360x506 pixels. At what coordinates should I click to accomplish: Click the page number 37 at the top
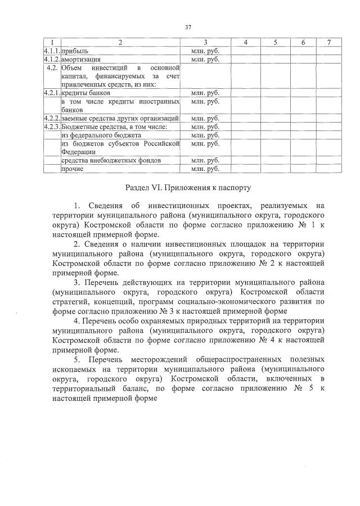(x=188, y=26)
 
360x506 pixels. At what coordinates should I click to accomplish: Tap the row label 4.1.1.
(x=51, y=51)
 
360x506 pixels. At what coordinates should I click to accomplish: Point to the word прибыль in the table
(x=75, y=51)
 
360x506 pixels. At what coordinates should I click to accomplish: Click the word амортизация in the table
(x=81, y=58)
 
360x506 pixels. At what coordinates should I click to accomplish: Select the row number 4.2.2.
(x=51, y=119)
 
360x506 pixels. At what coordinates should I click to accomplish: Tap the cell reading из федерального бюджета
(x=93, y=135)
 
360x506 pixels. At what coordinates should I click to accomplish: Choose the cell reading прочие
(x=73, y=168)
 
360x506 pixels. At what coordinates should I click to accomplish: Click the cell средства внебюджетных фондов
(x=111, y=160)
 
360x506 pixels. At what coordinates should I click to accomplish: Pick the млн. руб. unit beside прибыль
(x=205, y=51)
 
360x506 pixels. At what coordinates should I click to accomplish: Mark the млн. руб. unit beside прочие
(x=205, y=168)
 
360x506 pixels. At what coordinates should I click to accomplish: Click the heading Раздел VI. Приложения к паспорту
(x=187, y=186)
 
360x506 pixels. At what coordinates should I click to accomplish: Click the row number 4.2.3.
(x=51, y=127)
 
